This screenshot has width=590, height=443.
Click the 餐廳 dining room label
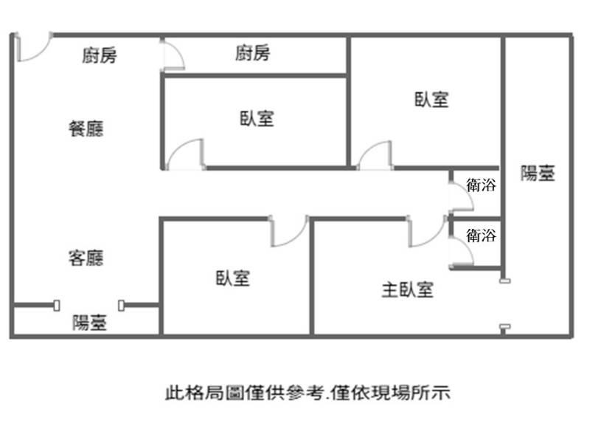(x=86, y=128)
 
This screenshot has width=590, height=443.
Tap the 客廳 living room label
(x=86, y=258)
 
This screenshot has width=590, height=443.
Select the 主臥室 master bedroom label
(x=408, y=289)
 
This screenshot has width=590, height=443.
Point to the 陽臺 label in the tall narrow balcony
(x=538, y=174)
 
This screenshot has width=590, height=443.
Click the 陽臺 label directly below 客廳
(x=89, y=323)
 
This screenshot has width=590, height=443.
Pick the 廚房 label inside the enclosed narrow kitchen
(x=253, y=52)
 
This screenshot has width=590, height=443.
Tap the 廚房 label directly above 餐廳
(x=100, y=55)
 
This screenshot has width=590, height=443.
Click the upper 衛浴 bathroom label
(x=482, y=185)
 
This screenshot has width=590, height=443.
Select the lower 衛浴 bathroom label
(x=482, y=236)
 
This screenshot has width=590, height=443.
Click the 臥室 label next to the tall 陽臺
(x=431, y=100)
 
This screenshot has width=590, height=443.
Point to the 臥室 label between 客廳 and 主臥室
(x=232, y=278)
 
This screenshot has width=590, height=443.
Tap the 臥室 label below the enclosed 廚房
(x=257, y=118)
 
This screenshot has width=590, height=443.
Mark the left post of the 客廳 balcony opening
(x=57, y=306)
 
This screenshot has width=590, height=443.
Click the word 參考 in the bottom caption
(x=306, y=393)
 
